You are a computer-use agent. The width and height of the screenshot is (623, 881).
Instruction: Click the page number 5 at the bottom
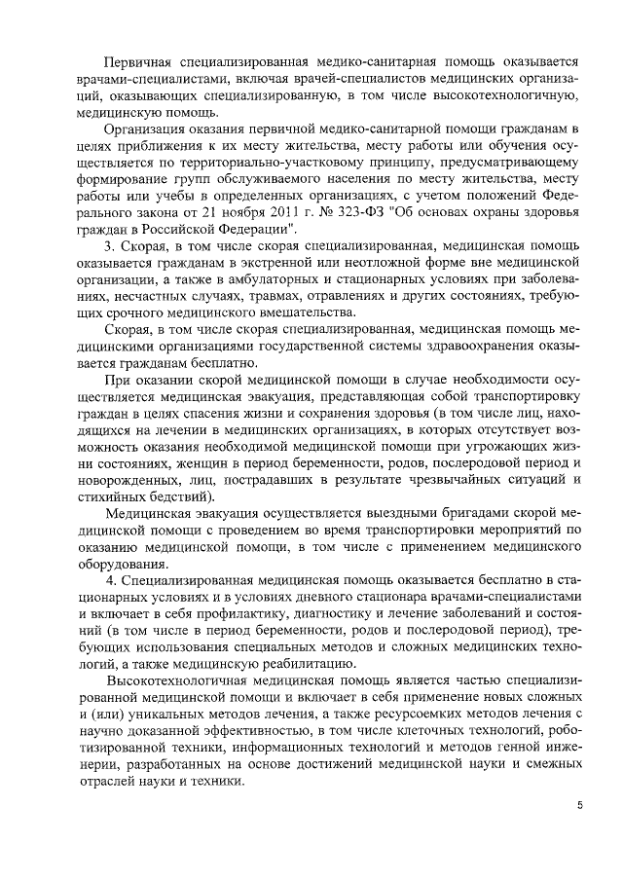pos(578,805)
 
